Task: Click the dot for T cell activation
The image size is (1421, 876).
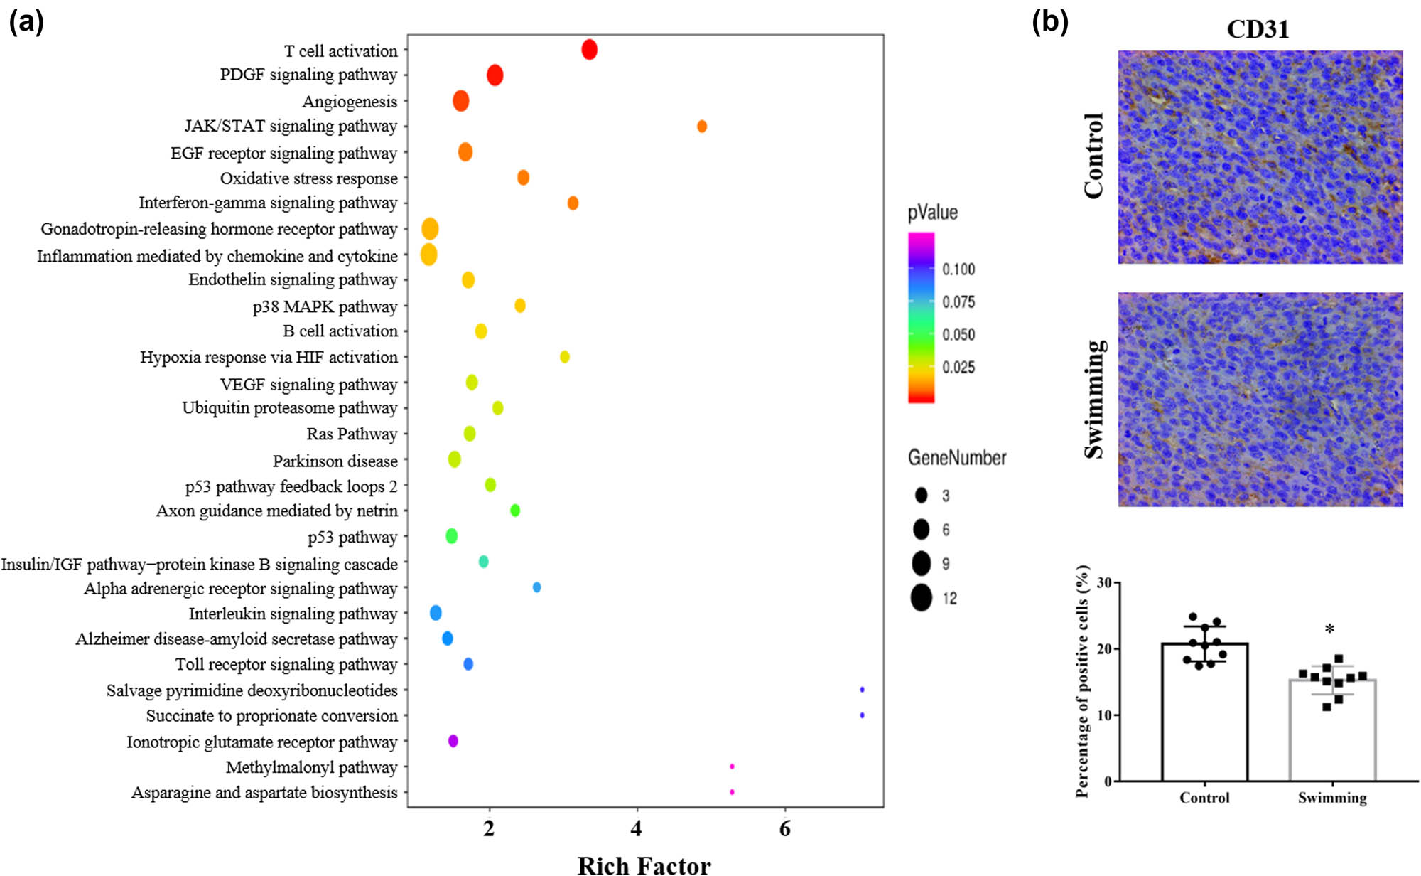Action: [x=589, y=50]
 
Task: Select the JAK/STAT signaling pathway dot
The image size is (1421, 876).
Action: [x=702, y=127]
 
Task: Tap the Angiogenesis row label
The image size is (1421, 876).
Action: [x=350, y=102]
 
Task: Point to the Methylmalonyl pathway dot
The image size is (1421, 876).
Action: [x=732, y=766]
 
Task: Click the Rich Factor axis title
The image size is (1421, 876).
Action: [x=644, y=865]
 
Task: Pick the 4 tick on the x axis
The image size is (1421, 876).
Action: [x=637, y=829]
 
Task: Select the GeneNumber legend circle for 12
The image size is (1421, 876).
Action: [x=922, y=598]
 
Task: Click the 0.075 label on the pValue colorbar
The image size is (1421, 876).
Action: [x=958, y=302]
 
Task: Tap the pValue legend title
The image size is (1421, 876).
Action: [x=932, y=213]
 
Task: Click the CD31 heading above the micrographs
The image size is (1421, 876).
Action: [x=1258, y=29]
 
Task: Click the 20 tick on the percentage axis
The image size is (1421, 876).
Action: [x=1104, y=649]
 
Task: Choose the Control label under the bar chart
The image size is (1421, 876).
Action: [x=1204, y=798]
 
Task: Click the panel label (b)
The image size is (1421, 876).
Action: [x=1050, y=23]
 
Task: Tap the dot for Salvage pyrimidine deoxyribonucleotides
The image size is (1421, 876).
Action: [x=862, y=690]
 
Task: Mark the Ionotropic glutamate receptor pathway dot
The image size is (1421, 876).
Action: [x=453, y=741]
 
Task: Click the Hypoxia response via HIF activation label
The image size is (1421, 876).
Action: [x=269, y=357]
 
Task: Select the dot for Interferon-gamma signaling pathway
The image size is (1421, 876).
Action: [x=573, y=203]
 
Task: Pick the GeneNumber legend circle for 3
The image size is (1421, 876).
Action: [x=922, y=496]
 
